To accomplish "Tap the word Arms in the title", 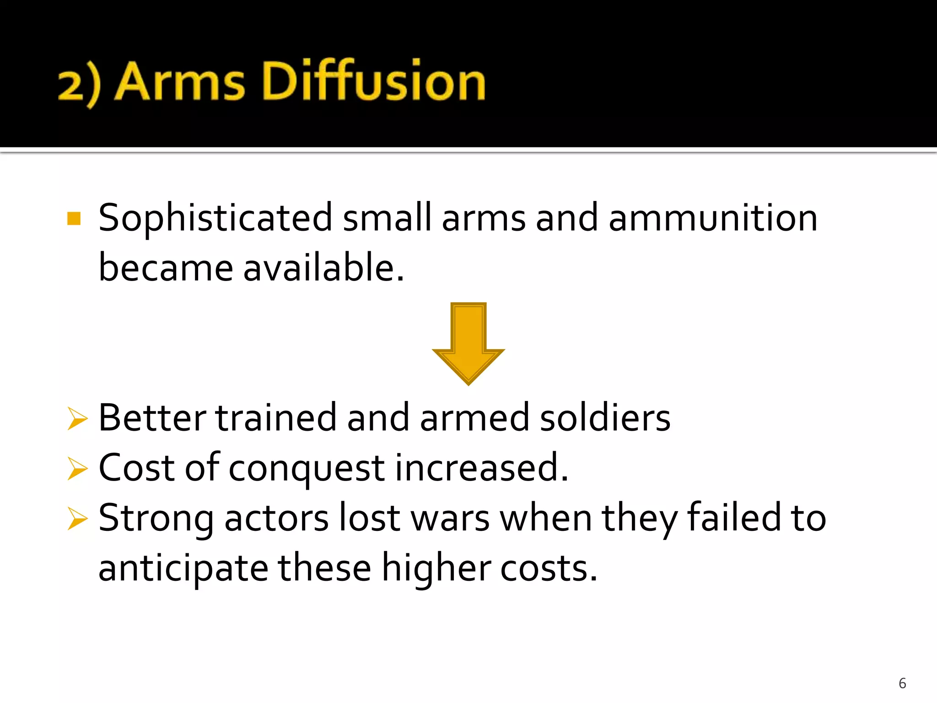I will (179, 81).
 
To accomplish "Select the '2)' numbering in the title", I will (79, 85).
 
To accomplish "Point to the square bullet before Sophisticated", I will (74, 218).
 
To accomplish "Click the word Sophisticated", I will (215, 219).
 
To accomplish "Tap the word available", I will (323, 268).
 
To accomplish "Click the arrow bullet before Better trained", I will (77, 418).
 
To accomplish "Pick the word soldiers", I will (605, 417).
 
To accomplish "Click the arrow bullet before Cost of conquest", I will (77, 468).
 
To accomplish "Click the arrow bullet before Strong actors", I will (77, 519).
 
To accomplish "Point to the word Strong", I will (156, 519).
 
